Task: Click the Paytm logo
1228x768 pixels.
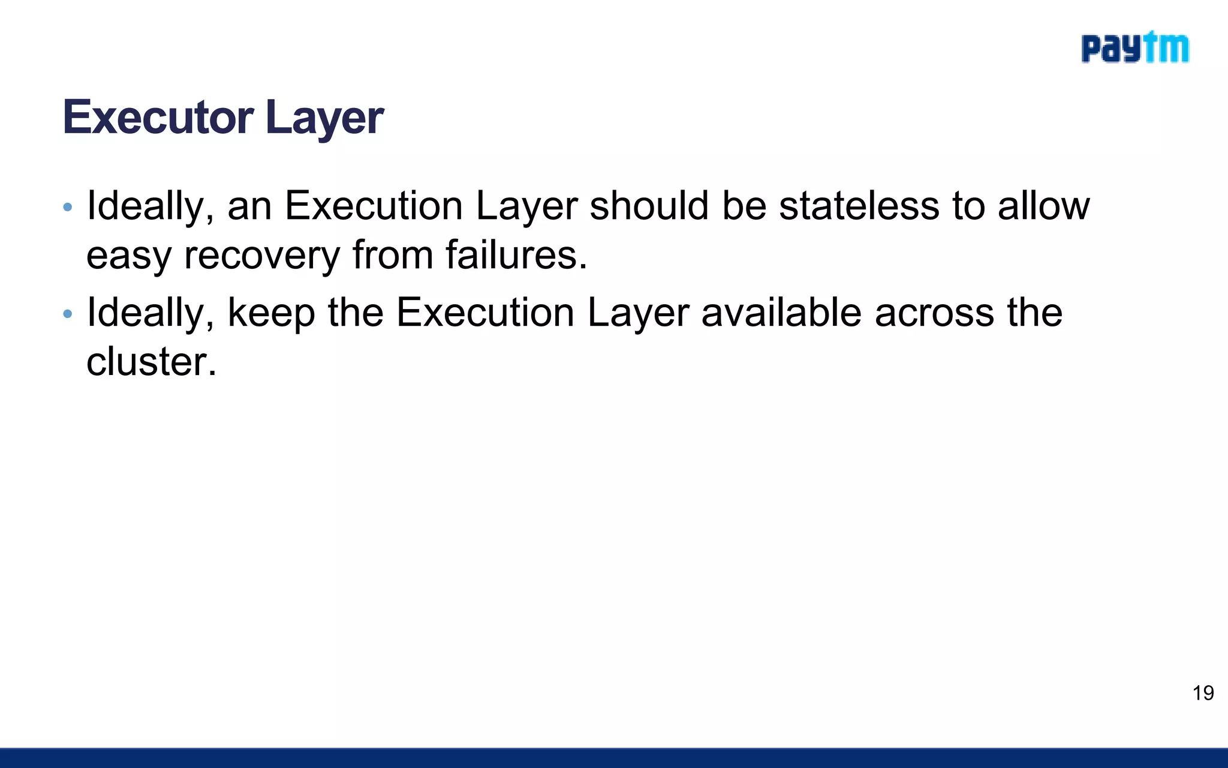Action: click(x=1134, y=48)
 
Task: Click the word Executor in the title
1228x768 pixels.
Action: click(x=158, y=117)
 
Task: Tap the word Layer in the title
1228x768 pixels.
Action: click(x=324, y=118)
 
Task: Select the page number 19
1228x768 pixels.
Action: click(x=1203, y=693)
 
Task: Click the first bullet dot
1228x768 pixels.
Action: click(x=68, y=208)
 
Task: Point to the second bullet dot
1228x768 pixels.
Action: click(x=68, y=314)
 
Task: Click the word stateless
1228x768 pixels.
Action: click(x=859, y=206)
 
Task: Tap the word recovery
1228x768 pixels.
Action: click(x=262, y=255)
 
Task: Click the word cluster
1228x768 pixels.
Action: click(x=151, y=361)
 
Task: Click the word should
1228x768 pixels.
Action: click(x=649, y=206)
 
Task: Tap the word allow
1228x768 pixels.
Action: click(x=1043, y=206)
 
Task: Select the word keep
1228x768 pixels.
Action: click(x=271, y=313)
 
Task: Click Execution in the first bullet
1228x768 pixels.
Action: click(x=373, y=206)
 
